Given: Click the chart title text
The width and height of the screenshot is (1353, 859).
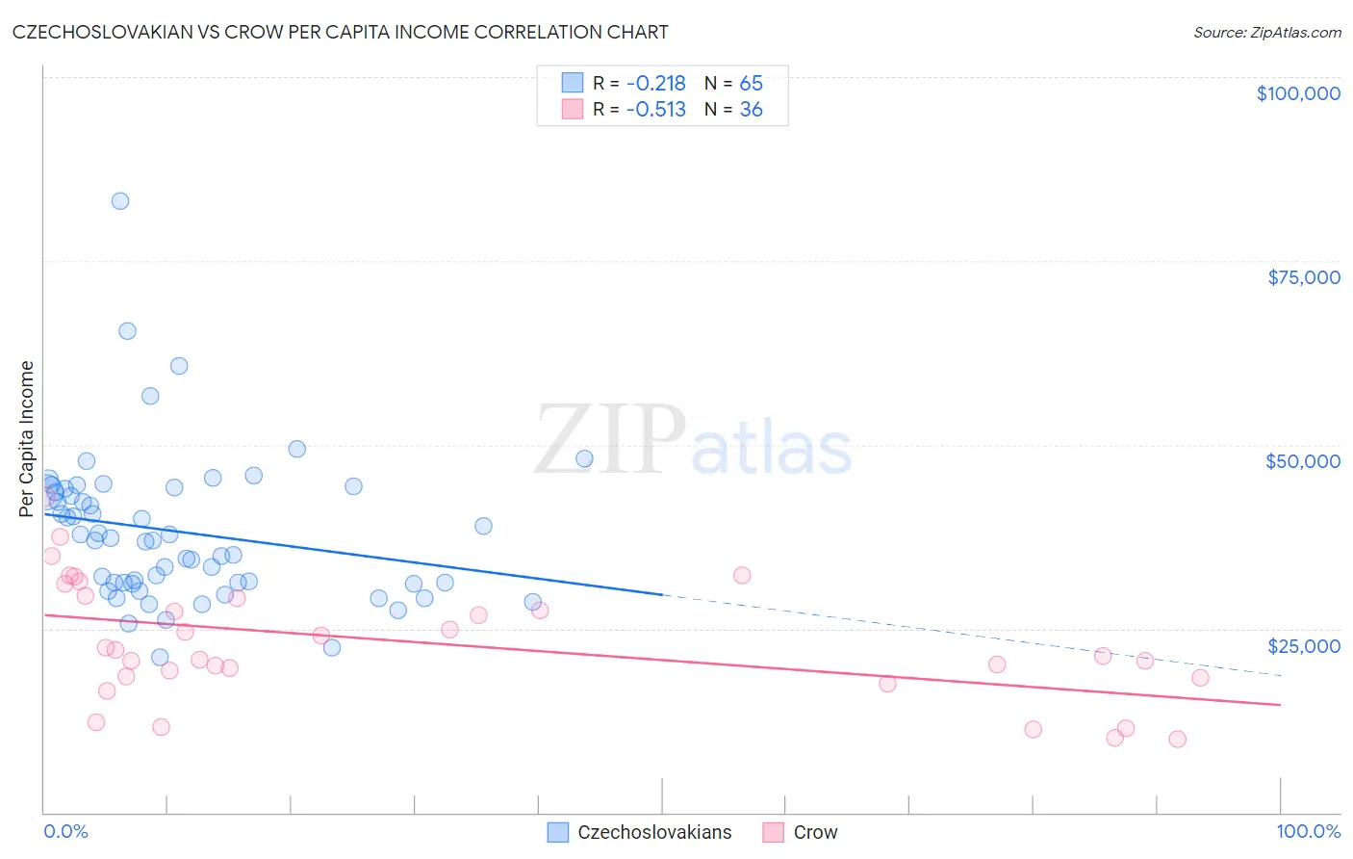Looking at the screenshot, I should (340, 32).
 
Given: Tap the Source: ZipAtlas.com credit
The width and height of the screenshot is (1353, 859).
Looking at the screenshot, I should (1266, 33).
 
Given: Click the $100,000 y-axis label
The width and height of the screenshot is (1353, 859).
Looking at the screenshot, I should (1297, 93).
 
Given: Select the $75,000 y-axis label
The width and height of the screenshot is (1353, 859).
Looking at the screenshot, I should (1303, 277).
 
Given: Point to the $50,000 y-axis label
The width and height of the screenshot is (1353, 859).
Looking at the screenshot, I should (1302, 461).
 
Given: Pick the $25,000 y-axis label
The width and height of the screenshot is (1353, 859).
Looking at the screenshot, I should (1303, 646).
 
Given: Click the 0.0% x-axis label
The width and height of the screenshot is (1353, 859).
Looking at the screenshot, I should (65, 832).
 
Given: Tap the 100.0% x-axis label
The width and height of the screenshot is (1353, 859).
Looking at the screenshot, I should (1308, 832).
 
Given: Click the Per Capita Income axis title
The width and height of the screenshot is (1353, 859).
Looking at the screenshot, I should (27, 438).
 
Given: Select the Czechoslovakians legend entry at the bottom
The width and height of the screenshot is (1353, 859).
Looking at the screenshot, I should (654, 833).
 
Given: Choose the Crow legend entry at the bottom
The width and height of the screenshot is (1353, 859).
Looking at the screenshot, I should (815, 833).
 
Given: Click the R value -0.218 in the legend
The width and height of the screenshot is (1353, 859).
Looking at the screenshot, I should (655, 84).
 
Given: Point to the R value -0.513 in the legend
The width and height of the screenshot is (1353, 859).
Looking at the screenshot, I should (655, 110).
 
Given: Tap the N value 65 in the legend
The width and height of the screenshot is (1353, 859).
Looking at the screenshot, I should (751, 84).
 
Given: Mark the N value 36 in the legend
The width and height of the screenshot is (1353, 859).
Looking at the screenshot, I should (751, 110).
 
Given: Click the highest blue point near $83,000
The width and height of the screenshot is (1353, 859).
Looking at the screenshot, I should (120, 201).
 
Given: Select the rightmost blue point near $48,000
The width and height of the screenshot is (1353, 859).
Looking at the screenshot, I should (584, 458).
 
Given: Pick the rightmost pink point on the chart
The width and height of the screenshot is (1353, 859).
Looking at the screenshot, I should (1200, 678).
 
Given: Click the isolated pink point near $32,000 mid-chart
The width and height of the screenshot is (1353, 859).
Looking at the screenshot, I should (742, 576).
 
